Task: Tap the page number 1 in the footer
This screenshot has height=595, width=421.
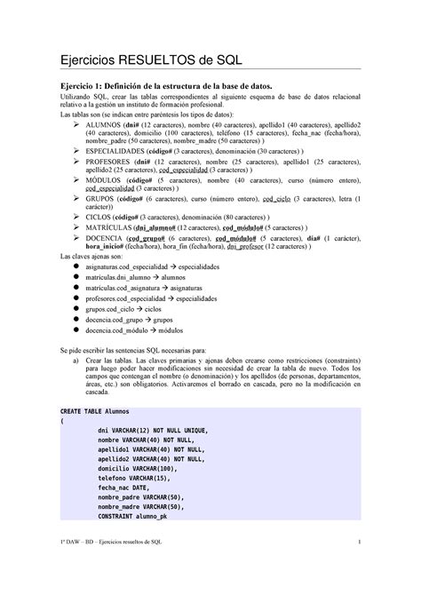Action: click(x=357, y=567)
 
